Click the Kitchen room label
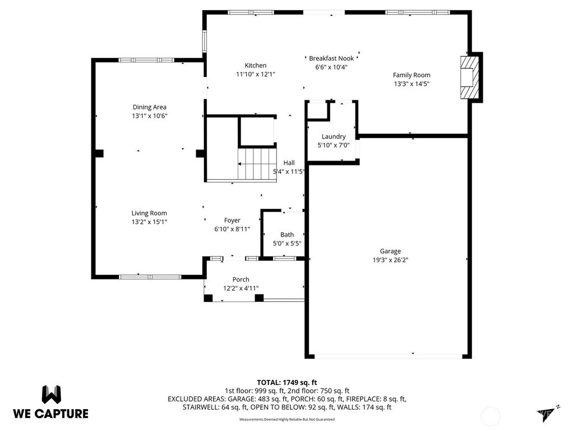pos(255,65)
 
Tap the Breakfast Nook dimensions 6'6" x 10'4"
pos(331,67)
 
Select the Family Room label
pos(411,75)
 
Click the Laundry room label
pos(334,136)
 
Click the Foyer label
pos(232,221)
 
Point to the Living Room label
pos(149,213)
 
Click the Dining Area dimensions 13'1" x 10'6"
pos(149,116)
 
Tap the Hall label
pos(289,163)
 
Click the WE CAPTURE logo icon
pos(50,394)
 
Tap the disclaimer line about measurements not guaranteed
pos(287,420)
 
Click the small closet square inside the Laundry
pos(318,111)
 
